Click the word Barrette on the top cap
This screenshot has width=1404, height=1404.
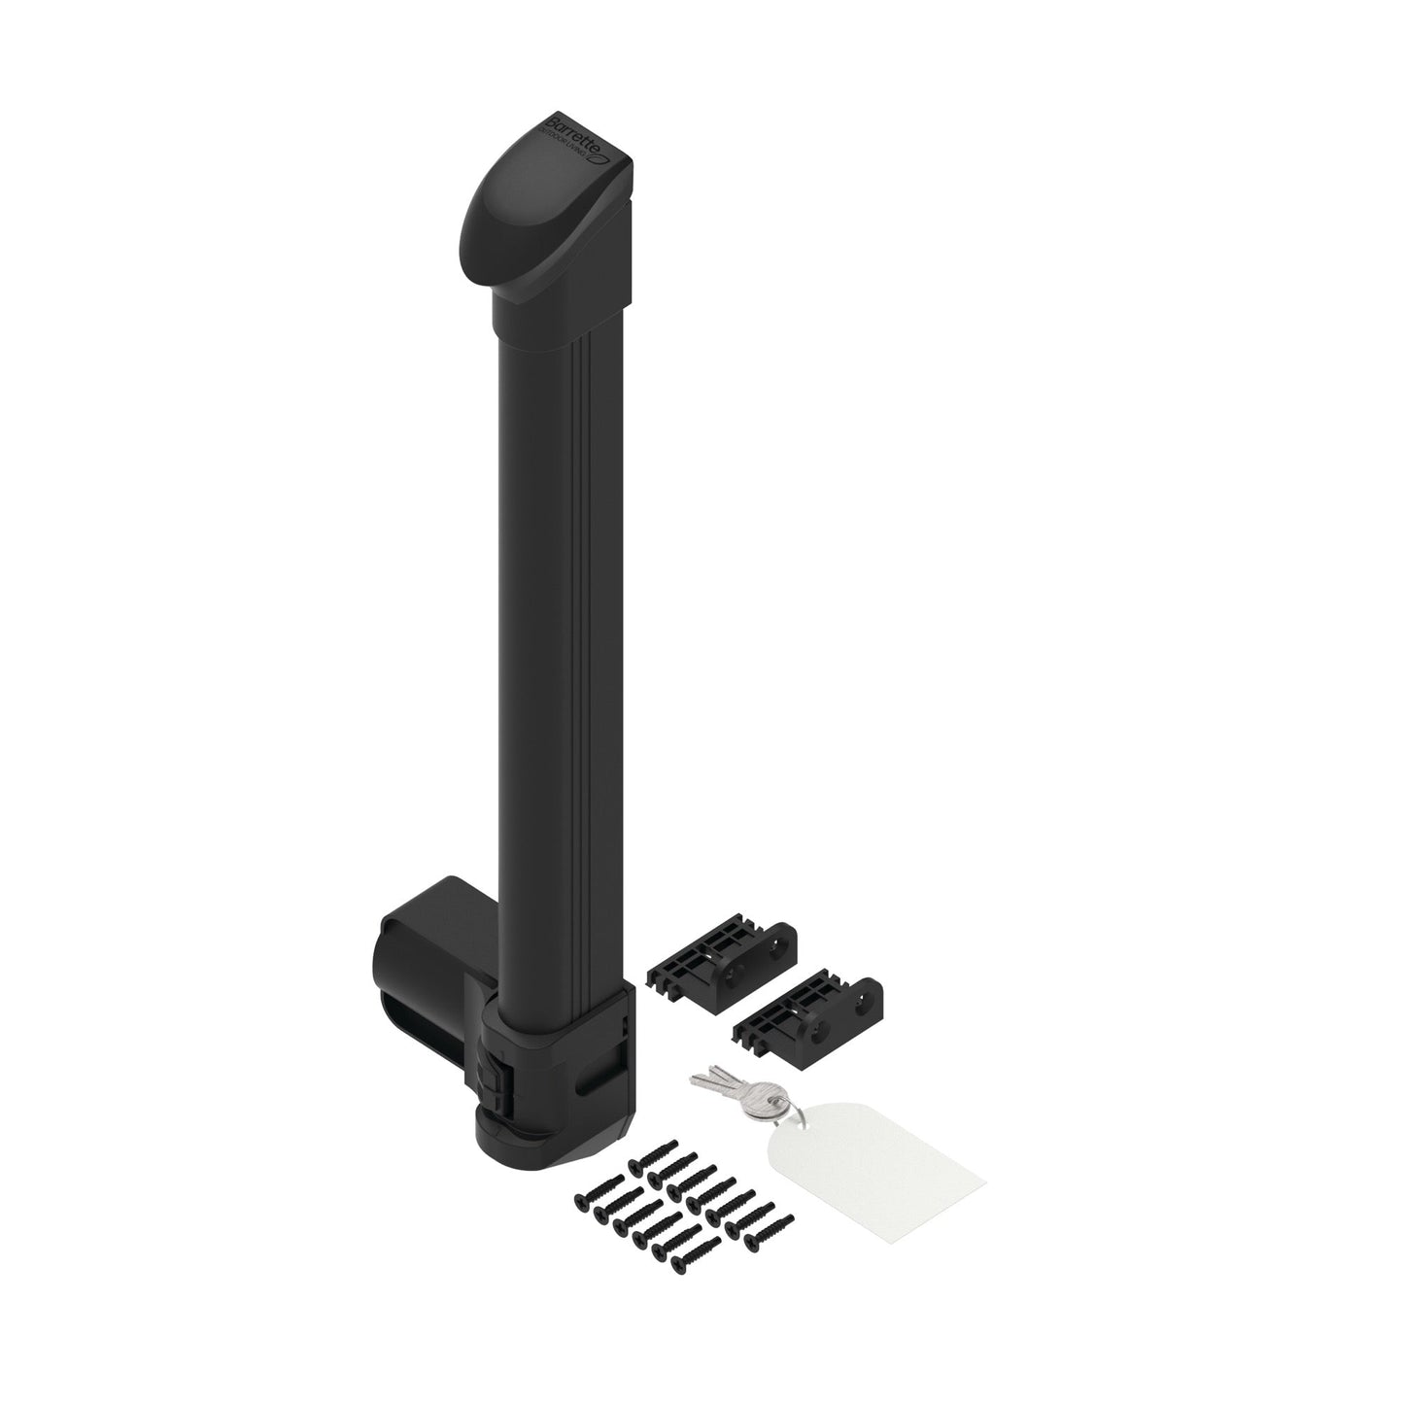573,134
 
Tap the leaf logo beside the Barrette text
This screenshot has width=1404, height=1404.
601,154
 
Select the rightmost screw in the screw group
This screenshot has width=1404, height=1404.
781,1208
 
